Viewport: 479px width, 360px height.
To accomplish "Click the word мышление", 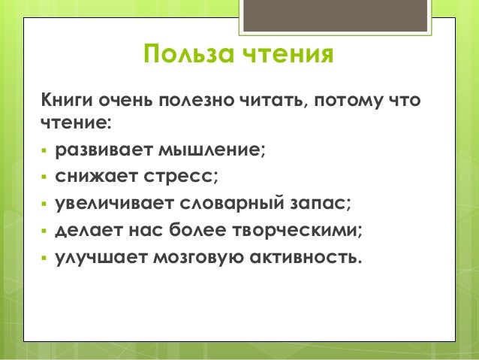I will pyautogui.click(x=210, y=150).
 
